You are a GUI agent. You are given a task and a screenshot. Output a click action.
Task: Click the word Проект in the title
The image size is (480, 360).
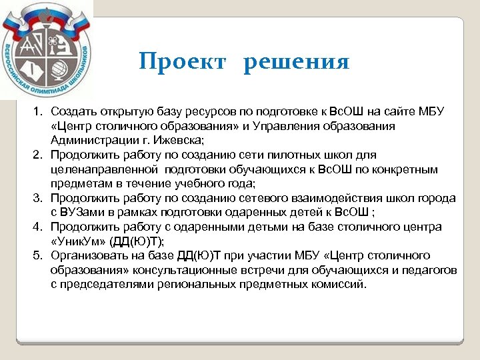[184, 62]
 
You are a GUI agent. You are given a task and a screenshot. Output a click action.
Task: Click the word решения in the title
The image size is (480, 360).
[296, 62]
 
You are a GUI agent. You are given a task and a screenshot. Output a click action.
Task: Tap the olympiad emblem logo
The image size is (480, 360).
[47, 50]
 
